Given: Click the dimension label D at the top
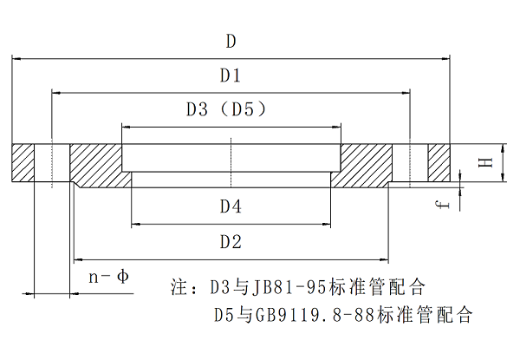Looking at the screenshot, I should pos(231,41).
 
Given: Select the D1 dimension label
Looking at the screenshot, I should pos(230,75).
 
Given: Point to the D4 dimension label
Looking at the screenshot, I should pos(230,206).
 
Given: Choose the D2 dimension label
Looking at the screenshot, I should pos(230,242).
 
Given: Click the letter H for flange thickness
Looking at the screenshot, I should pos(486,162).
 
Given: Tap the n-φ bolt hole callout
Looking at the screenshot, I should pos(109,277).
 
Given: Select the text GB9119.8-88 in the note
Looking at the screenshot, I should pos(294,313).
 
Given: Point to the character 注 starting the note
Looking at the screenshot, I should pos(180,285).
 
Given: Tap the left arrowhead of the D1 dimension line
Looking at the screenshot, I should pos(56,92).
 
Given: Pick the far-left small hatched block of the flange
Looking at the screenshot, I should pos(23,162).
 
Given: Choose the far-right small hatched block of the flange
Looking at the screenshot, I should pos(439,162).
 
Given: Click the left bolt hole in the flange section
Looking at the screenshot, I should pos(52,162).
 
